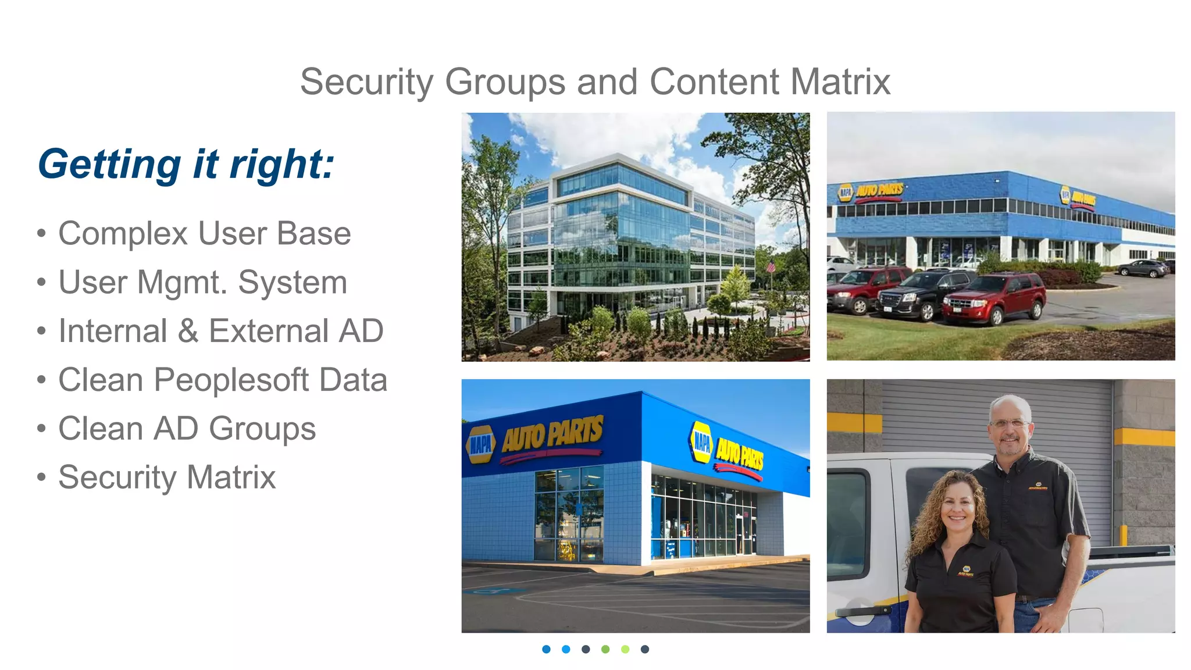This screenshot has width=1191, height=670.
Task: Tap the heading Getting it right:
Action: tap(186, 165)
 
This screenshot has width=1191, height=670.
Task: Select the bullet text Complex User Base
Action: tap(204, 234)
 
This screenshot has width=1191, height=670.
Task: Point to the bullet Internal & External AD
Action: tap(221, 332)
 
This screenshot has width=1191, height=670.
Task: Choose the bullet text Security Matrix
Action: tap(167, 478)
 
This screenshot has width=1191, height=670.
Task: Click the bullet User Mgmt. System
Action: tap(202, 283)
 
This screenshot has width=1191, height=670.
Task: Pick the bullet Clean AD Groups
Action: tap(187, 429)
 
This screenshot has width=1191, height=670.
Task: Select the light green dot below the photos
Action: tap(625, 649)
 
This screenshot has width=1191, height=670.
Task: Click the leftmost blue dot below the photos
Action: tap(546, 649)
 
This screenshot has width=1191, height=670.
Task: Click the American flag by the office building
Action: tap(771, 267)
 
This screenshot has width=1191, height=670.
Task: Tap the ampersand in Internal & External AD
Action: tap(188, 332)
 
